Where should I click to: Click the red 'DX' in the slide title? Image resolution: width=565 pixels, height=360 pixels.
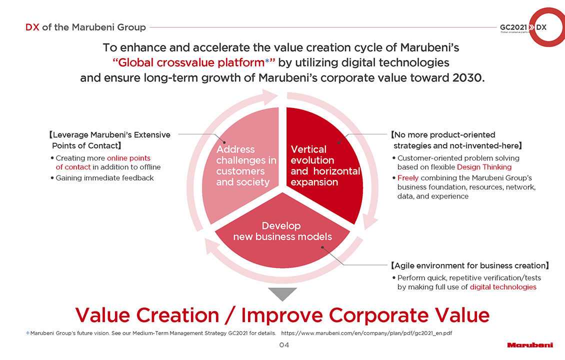[x=32, y=27]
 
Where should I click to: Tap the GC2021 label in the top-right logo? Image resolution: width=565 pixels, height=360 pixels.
[x=513, y=27]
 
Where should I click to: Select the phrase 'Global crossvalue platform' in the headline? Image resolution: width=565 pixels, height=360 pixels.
[x=191, y=62]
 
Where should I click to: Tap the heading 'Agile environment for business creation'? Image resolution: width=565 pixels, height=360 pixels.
[x=470, y=265]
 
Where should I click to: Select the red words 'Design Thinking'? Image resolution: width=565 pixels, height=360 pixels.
[x=484, y=167]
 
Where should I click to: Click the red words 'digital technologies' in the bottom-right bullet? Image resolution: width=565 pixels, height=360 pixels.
[x=503, y=287]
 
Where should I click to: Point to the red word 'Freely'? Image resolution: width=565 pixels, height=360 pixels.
[x=408, y=178]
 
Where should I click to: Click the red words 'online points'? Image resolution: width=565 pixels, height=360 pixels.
[x=128, y=158]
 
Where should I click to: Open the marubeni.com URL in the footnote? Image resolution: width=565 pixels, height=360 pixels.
[x=366, y=333]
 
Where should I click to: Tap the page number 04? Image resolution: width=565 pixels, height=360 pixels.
[x=284, y=345]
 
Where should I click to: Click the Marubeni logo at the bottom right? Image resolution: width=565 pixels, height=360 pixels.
[x=530, y=345]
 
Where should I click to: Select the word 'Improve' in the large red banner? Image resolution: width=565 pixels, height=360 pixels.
[x=282, y=315]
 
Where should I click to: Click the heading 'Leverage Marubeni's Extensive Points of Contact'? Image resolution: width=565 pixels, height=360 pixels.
[x=109, y=140]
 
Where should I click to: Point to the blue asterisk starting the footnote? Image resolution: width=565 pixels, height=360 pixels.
[x=27, y=333]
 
